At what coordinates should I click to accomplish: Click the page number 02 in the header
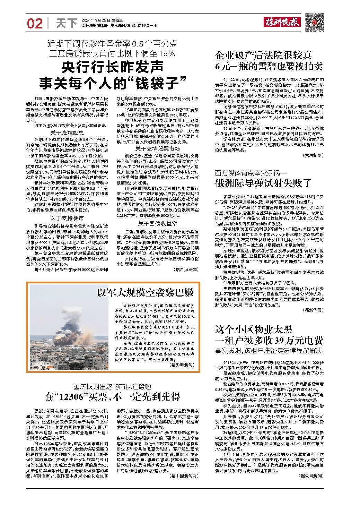coord(35,23)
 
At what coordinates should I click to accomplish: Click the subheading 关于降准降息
coord(67,132)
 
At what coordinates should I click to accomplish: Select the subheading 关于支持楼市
coord(67,218)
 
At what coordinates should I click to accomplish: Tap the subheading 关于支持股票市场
coord(157,148)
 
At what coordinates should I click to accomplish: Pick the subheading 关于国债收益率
coord(157,223)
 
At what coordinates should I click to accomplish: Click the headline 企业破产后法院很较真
coord(263,55)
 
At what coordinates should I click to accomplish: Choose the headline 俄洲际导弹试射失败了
coord(263,182)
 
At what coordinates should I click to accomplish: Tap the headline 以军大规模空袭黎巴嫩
coord(145,292)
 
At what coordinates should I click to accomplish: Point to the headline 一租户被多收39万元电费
coord(269,340)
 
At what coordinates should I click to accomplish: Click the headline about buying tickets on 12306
coord(112,396)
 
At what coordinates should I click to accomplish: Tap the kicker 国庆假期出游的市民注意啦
coord(112,386)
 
